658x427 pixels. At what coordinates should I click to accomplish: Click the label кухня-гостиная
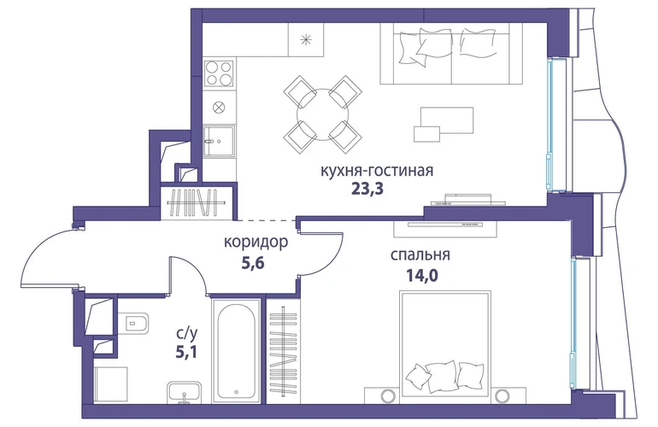376,171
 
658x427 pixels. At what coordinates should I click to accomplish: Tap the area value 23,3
367,190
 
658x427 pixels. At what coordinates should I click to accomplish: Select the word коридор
256,242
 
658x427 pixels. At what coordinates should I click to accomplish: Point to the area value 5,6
253,263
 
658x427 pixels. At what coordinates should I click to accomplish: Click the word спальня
420,254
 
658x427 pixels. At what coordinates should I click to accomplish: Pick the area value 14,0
420,275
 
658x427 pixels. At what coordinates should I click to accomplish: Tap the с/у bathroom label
187,333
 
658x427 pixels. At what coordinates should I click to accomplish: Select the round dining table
323,114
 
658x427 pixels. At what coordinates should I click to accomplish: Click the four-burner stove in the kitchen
219,73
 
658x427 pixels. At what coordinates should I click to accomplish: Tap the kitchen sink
219,141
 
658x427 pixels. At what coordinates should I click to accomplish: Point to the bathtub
237,351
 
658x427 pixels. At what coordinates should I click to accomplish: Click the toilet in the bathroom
136,324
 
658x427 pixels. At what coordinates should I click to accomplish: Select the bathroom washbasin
185,392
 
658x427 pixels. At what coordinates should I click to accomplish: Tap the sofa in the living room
451,53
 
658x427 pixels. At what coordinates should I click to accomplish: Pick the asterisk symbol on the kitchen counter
306,40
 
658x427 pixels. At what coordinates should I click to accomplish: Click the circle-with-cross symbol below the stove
219,108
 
